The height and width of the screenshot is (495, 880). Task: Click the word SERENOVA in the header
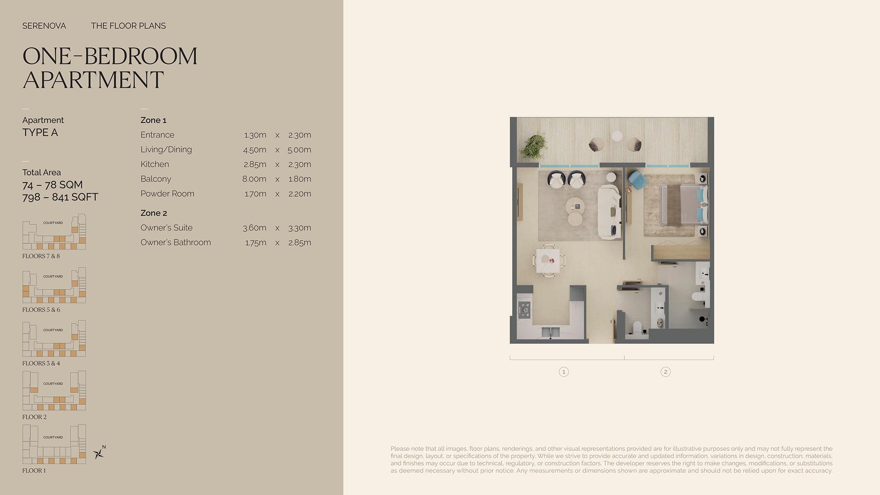pos(44,26)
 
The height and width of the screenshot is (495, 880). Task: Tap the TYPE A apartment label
pos(40,132)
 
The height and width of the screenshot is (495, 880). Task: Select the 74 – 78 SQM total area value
pos(52,185)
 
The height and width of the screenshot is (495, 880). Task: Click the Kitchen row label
pos(155,164)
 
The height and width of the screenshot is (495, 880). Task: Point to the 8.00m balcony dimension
pos(254,179)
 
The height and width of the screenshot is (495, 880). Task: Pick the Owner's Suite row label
pos(167,228)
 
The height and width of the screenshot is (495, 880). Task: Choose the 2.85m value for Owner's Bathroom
pos(300,242)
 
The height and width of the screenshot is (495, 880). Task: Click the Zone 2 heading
pos(154,213)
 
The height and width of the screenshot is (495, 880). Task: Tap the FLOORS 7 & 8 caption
pos(41,256)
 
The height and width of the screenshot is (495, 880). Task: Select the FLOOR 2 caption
pos(34,417)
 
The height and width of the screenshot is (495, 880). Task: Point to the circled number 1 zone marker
pos(564,372)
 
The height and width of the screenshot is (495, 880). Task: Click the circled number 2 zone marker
pos(665,372)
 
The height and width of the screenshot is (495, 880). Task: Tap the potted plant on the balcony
pos(533,147)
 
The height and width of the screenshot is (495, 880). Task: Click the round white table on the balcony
pos(617,136)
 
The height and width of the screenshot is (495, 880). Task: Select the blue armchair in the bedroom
pos(637,180)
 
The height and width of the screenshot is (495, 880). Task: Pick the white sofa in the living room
pos(609,212)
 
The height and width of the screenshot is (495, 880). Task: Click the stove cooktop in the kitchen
pos(524,309)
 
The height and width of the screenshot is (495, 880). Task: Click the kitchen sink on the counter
pos(550,332)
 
